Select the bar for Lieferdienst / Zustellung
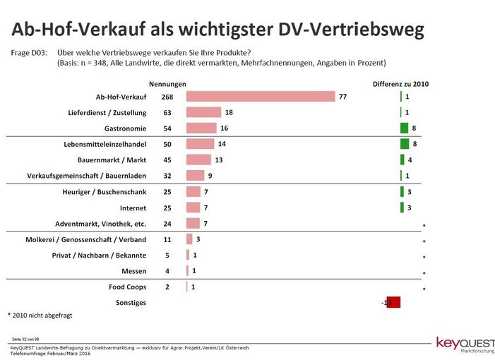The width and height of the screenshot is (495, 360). (203, 112)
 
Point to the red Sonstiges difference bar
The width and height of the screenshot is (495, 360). (393, 302)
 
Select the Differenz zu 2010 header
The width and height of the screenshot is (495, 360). (400, 84)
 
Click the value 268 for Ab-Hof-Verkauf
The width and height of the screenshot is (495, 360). (167, 97)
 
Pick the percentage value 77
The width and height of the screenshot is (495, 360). (344, 97)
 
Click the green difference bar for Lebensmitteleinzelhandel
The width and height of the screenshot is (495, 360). (405, 144)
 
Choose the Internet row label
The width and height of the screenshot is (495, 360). (132, 208)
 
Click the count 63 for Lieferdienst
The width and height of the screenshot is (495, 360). (167, 112)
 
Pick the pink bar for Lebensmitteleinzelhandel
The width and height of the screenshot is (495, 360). (200, 144)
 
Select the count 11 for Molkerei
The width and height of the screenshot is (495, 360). (167, 240)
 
